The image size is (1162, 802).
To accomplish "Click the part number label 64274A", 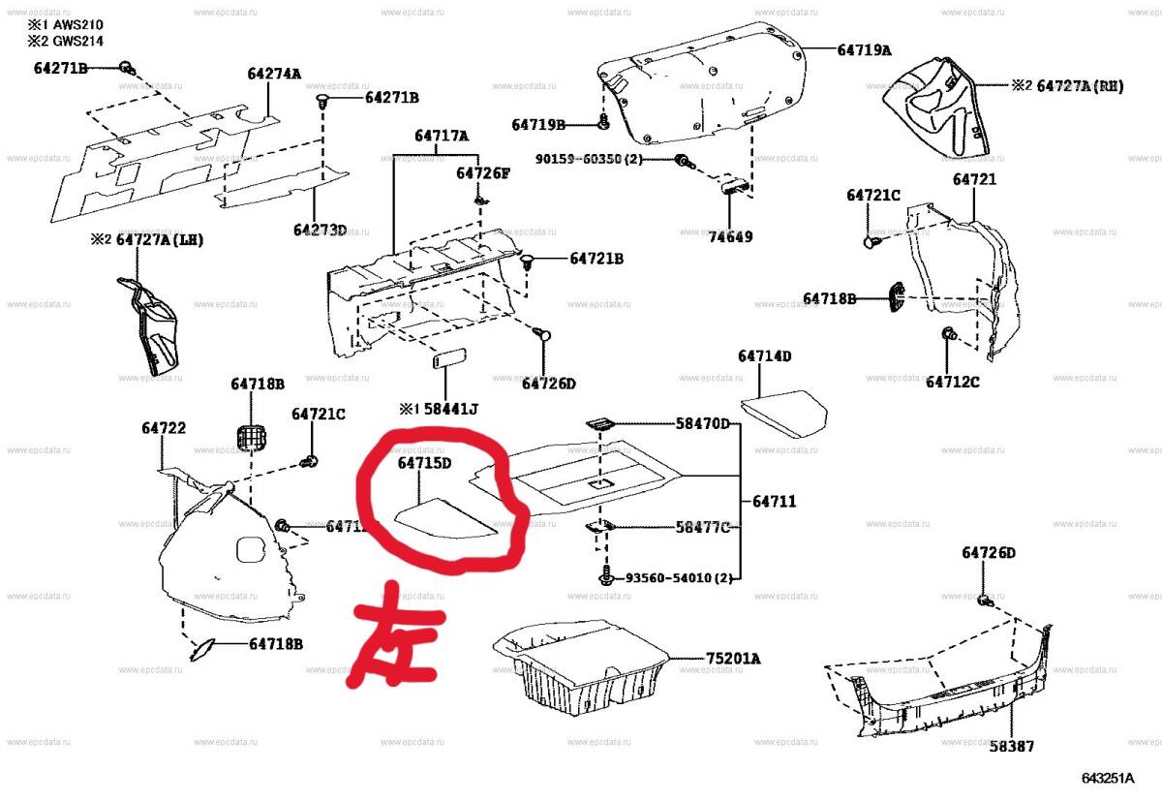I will coord(274,74).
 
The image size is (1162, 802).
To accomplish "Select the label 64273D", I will coord(321,230).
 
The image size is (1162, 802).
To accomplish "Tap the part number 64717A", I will coord(441,137).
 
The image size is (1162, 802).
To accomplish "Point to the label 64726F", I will coord(483,172).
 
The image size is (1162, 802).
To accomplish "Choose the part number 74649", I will coord(729,236).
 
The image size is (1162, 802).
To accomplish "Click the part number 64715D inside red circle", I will coord(424,463).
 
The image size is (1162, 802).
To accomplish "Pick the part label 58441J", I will coord(447,409).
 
